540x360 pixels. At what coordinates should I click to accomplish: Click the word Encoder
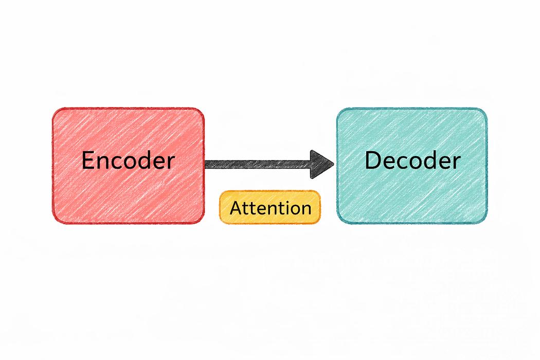click(128, 160)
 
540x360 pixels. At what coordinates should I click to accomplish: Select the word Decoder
click(412, 160)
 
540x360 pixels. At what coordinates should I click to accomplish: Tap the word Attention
click(271, 208)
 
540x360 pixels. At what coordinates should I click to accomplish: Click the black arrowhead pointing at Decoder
click(321, 165)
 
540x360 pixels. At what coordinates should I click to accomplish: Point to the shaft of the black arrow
click(258, 165)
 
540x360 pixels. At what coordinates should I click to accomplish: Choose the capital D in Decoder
click(372, 160)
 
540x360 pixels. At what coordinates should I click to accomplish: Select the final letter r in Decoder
click(457, 163)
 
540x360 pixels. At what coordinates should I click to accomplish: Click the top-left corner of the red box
click(53, 109)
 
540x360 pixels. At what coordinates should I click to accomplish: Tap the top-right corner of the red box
click(204, 109)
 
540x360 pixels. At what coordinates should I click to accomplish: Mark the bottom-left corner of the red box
click(53, 223)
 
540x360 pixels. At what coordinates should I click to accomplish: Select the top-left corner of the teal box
click(338, 109)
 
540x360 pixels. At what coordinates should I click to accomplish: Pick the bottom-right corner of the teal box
click(487, 223)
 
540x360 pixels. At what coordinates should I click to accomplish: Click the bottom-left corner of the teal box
click(338, 223)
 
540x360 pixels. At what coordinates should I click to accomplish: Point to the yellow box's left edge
click(220, 207)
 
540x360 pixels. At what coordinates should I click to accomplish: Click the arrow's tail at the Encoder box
click(206, 165)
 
